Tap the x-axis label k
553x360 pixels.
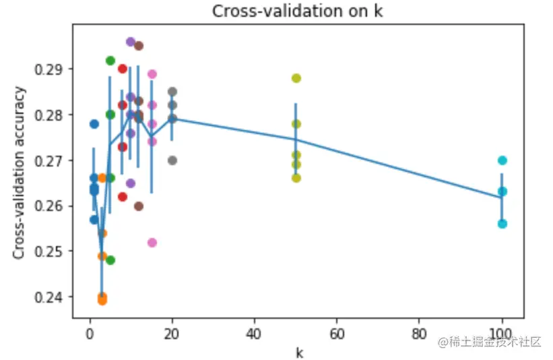coord(298,352)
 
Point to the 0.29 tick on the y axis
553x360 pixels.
coord(55,69)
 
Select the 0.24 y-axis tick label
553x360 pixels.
coord(55,297)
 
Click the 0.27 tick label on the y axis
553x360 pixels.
coord(55,160)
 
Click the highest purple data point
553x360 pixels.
coord(131,42)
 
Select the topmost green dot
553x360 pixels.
coord(110,61)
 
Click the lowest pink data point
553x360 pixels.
coord(152,243)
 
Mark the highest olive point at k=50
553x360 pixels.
coord(296,78)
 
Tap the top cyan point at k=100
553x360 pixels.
coord(502,160)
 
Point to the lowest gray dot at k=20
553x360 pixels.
coord(172,160)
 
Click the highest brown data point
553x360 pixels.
coord(139,46)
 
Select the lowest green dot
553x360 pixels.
coord(110,260)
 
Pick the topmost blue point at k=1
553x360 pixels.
coord(94,124)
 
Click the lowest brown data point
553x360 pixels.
coord(139,206)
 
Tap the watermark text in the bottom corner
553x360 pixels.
coord(490,342)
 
